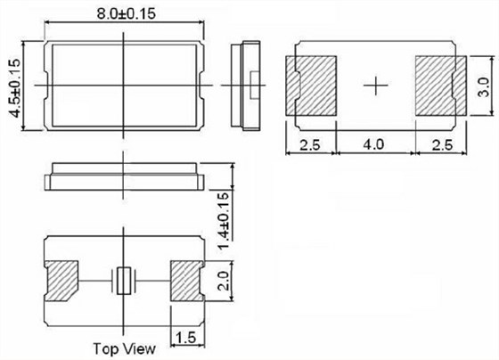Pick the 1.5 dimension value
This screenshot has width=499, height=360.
coord(184,338)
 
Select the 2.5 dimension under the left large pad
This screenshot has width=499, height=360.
coord(309,143)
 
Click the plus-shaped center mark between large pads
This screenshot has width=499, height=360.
coord(377,85)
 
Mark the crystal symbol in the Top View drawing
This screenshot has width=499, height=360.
coord(123,282)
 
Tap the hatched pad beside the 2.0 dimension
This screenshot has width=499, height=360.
coord(185,282)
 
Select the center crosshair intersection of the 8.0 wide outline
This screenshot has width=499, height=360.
coord(123,85)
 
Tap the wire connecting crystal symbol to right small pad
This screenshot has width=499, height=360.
coord(150,282)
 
